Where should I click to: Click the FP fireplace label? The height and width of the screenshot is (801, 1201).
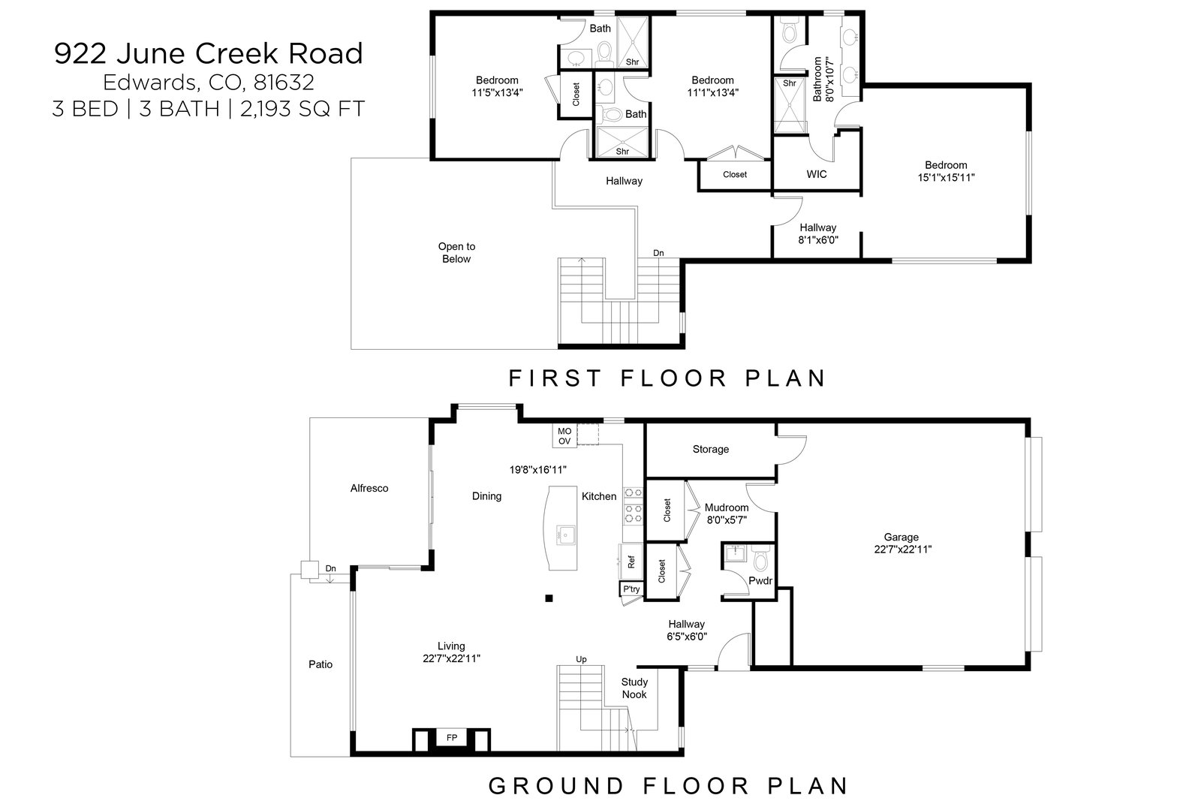pos(451,738)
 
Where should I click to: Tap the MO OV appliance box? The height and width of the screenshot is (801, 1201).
pos(564,436)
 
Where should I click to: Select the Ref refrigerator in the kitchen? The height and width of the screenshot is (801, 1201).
pos(631,562)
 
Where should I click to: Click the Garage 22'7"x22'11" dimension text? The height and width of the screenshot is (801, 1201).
pos(903,550)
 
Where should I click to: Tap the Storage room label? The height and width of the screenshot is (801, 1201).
pos(710,449)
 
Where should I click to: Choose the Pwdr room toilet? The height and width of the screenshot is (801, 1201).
pos(761,559)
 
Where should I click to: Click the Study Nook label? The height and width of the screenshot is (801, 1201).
pos(634,688)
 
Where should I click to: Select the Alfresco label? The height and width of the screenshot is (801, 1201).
pos(369,488)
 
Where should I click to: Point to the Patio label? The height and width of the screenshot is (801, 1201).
pos(321,664)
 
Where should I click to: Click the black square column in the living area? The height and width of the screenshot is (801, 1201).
pos(549,598)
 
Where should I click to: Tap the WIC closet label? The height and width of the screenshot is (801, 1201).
pos(817,174)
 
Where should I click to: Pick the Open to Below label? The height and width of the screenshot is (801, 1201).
pos(456,252)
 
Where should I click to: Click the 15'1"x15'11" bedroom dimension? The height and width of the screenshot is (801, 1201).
pos(946,177)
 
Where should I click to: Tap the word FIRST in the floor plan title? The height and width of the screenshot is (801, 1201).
pos(555,378)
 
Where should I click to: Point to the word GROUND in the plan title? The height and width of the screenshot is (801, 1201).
pos(557,786)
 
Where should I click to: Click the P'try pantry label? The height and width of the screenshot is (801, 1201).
pos(631,589)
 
